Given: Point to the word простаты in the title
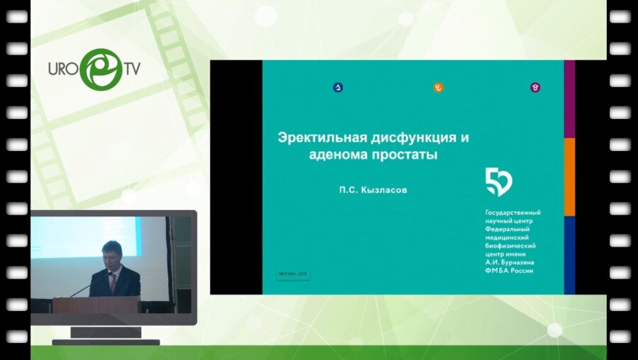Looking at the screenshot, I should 404,154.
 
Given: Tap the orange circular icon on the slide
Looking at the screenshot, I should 438,88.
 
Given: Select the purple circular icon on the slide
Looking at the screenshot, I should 536,88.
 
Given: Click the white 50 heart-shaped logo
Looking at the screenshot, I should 498,182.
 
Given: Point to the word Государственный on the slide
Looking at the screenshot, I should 513,213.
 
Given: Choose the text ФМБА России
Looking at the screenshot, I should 509,271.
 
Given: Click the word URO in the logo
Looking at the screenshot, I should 62,69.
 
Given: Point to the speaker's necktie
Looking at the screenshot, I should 112,283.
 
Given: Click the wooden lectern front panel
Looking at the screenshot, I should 96,305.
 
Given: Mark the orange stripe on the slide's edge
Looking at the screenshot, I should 569,176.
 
